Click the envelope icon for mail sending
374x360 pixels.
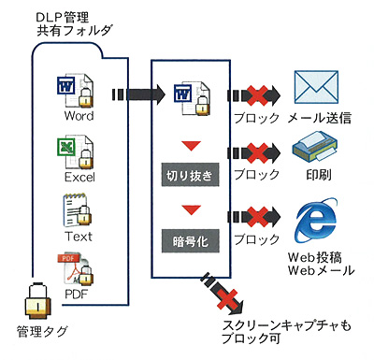[x=316, y=87]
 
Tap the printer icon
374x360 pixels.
[x=315, y=147]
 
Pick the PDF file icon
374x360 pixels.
[x=77, y=269]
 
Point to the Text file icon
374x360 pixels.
[x=77, y=210]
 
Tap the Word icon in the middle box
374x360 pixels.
[x=192, y=98]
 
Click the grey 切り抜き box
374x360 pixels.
[x=190, y=174]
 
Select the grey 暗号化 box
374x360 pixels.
[x=190, y=240]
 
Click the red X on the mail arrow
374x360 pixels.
[x=258, y=94]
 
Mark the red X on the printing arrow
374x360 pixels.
[x=258, y=153]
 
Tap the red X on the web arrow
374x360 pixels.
[x=258, y=216]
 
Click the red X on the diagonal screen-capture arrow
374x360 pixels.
[x=227, y=298]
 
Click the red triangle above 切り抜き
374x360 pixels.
[x=192, y=146]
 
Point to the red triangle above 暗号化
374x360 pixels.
[x=192, y=209]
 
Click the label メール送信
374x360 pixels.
[x=320, y=118]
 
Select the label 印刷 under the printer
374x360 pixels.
[x=319, y=175]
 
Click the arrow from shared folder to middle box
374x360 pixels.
[x=137, y=94]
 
